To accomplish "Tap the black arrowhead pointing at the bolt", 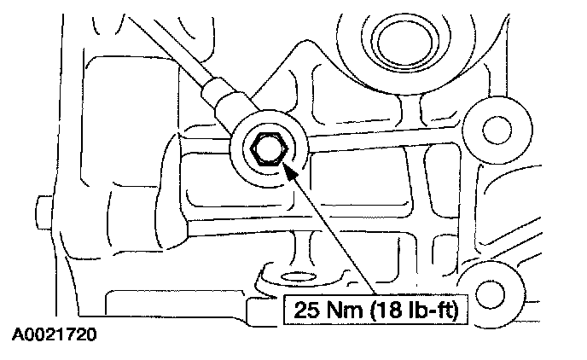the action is click(x=293, y=173).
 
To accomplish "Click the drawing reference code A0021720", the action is click(x=54, y=335).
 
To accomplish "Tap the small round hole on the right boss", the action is click(x=491, y=130).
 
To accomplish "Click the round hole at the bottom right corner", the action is click(x=489, y=294).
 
